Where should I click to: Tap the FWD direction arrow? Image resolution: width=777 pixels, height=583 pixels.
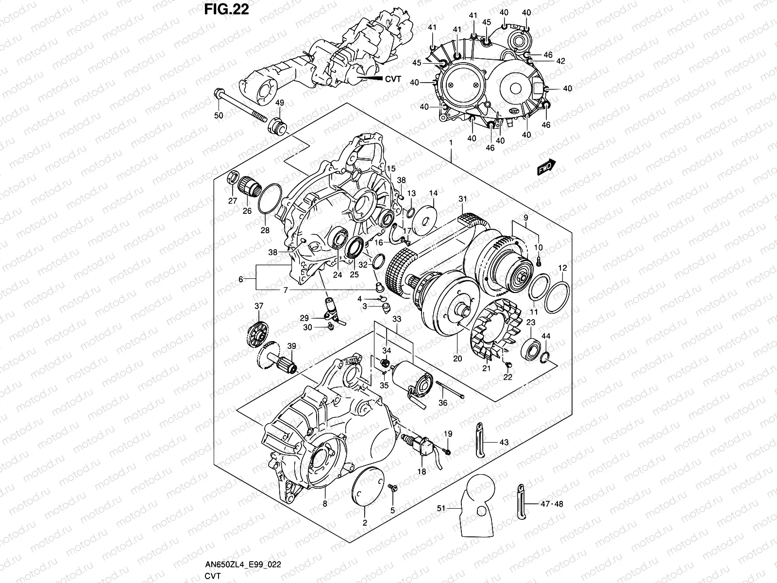(x=545, y=167)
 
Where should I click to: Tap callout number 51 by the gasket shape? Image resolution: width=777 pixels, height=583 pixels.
(x=440, y=509)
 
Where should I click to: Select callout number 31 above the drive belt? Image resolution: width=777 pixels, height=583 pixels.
(x=462, y=199)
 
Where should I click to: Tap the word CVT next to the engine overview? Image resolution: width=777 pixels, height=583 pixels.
(x=393, y=79)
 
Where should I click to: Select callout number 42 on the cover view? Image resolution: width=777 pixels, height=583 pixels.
(x=560, y=61)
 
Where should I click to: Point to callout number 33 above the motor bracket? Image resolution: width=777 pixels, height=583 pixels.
(x=397, y=319)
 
